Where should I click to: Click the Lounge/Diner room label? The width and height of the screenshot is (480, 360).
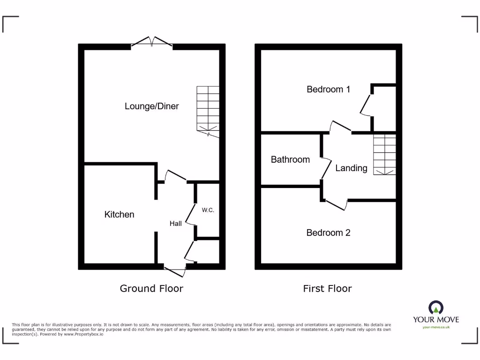[x=151, y=106]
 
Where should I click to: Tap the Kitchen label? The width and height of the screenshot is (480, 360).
[x=119, y=214]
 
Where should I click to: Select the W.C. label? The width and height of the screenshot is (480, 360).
[x=208, y=210]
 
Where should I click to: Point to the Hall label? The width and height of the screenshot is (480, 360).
[x=176, y=224]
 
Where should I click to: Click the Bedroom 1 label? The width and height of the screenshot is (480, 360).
[x=328, y=89]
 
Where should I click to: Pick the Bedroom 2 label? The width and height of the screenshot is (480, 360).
[x=328, y=232]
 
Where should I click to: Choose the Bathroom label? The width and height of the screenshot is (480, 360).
[x=290, y=159]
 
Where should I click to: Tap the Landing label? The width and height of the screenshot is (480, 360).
[x=351, y=168]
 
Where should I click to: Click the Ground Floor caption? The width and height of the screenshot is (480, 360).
[x=151, y=288]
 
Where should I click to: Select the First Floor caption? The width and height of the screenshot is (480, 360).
[x=327, y=288]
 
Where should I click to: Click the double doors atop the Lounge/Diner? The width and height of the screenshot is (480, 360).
[x=151, y=42]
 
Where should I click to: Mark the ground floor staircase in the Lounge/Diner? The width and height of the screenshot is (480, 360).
[x=208, y=111]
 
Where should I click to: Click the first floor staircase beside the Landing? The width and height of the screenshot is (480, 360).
[x=384, y=154]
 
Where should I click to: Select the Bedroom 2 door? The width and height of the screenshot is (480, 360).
[x=336, y=204]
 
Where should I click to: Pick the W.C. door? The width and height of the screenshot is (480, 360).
[x=191, y=214]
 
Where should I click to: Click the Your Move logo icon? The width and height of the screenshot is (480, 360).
[x=436, y=308]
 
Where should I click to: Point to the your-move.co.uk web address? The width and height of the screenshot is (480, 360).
[x=436, y=327]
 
